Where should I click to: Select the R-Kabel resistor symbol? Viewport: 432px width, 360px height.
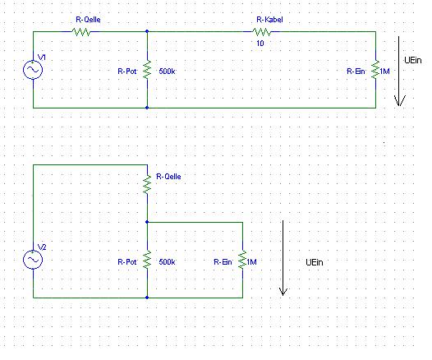click(262, 32)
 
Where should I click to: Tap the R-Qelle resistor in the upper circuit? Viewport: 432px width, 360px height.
click(81, 32)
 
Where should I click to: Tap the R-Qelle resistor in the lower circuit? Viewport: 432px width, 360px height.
click(147, 184)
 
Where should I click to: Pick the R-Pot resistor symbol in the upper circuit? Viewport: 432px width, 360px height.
click(147, 70)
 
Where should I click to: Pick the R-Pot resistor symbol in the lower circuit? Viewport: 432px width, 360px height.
click(147, 260)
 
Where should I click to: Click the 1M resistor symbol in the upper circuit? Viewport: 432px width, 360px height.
click(375, 70)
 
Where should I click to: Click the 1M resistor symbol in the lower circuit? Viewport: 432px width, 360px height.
click(242, 260)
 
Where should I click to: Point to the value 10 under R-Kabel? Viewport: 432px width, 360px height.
click(260, 44)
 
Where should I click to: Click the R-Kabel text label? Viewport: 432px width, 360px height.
click(269, 20)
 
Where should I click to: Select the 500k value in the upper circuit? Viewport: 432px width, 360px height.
click(167, 72)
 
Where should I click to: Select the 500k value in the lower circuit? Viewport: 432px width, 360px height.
click(167, 262)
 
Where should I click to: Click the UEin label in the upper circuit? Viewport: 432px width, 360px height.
click(413, 60)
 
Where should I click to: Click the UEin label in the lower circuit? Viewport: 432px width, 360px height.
click(315, 262)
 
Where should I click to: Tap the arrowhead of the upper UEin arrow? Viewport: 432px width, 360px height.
click(399, 104)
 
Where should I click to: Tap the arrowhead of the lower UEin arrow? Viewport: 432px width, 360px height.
click(283, 294)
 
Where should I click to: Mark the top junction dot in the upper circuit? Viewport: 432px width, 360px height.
click(147, 31)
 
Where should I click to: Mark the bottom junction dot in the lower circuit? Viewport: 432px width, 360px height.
click(147, 298)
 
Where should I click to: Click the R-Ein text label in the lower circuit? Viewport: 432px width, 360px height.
click(223, 262)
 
